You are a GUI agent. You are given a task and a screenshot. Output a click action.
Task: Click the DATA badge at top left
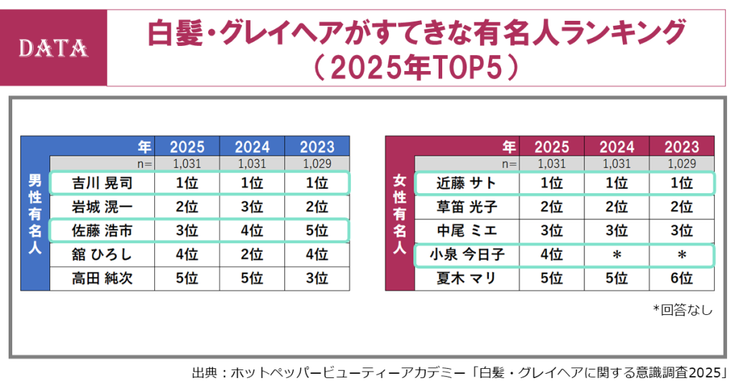pos(53,48)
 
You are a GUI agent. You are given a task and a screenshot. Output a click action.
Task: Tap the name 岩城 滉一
pos(103,207)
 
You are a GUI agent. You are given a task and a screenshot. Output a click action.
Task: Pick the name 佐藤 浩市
pos(103,231)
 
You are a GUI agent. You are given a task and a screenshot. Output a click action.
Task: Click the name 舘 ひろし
pos(103,255)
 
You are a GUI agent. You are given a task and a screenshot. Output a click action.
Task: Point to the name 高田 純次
pos(103,278)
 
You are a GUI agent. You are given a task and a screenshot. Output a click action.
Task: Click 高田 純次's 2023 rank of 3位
pos(317,278)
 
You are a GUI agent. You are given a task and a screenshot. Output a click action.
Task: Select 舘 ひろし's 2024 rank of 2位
pos(252,255)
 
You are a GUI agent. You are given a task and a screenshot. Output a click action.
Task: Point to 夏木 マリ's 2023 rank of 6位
pos(681,278)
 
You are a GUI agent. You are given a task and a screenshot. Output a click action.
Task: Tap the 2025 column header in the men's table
pos(187,147)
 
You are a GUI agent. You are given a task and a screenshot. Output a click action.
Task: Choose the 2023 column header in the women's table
pos(681,147)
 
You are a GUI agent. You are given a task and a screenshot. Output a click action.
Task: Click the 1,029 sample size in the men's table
pos(317,164)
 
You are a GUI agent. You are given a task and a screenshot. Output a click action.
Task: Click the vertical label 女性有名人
pos(400,215)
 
